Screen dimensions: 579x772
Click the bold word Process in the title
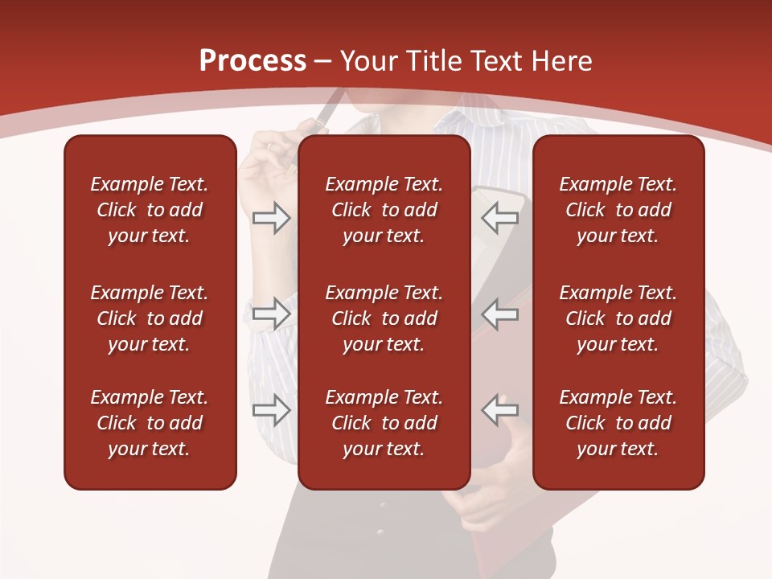(253, 61)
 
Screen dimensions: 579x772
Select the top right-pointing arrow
(271, 218)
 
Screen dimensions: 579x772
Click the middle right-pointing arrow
(271, 314)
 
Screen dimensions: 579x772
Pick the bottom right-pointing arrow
(271, 410)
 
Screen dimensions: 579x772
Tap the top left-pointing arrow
(499, 218)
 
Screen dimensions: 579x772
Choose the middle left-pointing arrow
(499, 314)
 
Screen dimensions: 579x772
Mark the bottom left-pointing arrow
(499, 410)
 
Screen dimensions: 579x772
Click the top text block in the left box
(150, 210)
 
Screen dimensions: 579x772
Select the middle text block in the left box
(150, 318)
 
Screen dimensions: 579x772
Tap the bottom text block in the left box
(150, 423)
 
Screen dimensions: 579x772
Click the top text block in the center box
(384, 210)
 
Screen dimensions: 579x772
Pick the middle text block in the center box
(384, 318)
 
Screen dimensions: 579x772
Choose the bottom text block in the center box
(384, 423)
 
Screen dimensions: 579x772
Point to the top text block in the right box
(618, 210)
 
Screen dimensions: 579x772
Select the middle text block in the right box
(618, 318)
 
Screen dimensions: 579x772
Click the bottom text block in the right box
(618, 423)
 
